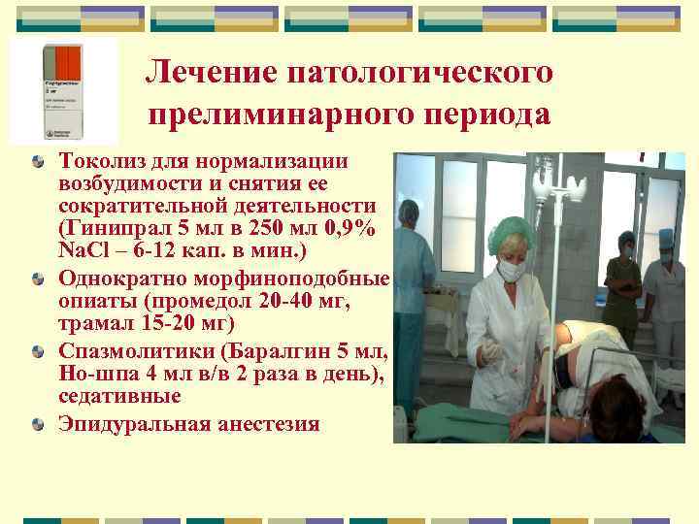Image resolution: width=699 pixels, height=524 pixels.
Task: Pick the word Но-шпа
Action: [x=93, y=374]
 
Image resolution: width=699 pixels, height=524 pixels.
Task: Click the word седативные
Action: [x=119, y=396]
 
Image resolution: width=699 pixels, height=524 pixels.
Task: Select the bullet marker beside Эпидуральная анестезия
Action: [x=37, y=423]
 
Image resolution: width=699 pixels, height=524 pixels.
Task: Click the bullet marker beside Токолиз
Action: [x=37, y=159]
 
